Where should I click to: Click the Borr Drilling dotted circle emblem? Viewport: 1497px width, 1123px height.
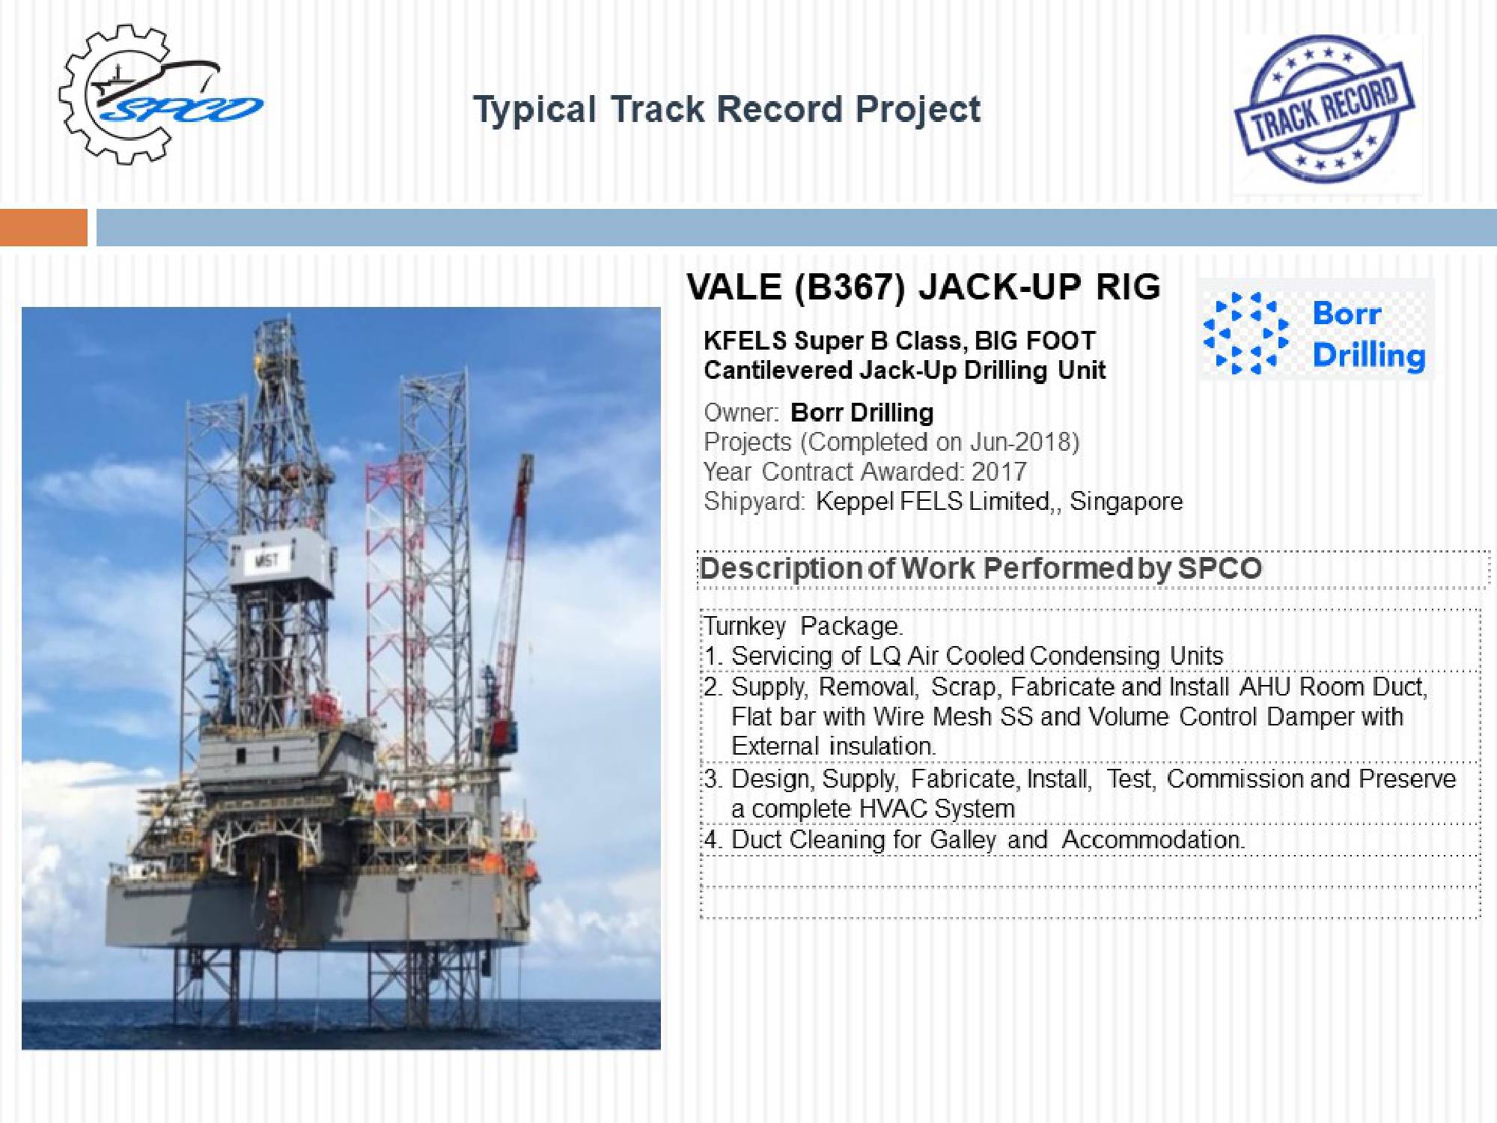click(x=1246, y=332)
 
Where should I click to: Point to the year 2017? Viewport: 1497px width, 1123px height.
click(x=999, y=472)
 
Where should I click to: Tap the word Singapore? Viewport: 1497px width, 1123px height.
click(x=1126, y=501)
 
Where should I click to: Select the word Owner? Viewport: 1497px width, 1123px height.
click(x=742, y=413)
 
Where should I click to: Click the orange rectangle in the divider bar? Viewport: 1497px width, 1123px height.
click(x=43, y=228)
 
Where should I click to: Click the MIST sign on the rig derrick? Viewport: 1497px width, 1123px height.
click(x=266, y=559)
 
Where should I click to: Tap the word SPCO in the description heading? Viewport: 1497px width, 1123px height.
click(x=1220, y=568)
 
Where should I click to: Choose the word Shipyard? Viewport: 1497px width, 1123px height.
click(x=754, y=501)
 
